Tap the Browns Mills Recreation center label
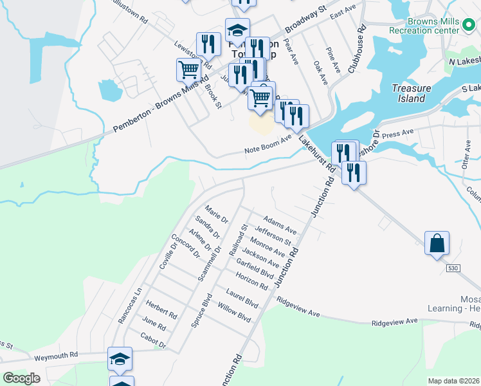(x=424, y=26)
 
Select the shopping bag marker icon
(x=437, y=244)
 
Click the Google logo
(x=21, y=378)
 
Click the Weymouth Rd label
(x=56, y=355)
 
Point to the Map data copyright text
(x=453, y=381)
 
